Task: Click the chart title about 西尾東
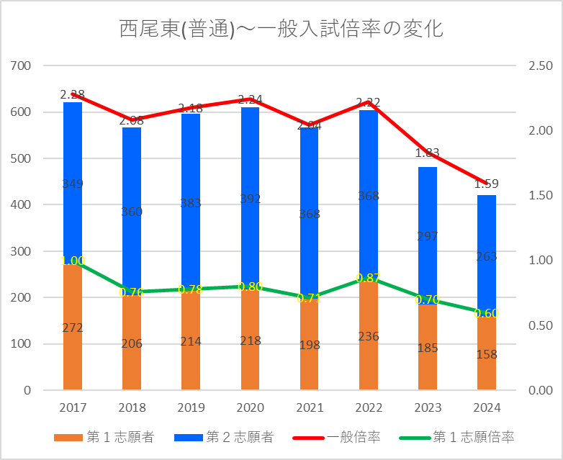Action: click(281, 28)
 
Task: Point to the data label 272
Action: click(73, 328)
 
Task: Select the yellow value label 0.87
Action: click(368, 278)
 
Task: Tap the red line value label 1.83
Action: click(427, 153)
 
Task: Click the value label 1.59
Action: click(486, 184)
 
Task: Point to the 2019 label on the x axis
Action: click(191, 407)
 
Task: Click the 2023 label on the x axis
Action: click(427, 407)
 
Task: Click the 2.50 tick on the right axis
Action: click(540, 66)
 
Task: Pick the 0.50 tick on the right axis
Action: click(540, 325)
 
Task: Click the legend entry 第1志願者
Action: click(104, 437)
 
